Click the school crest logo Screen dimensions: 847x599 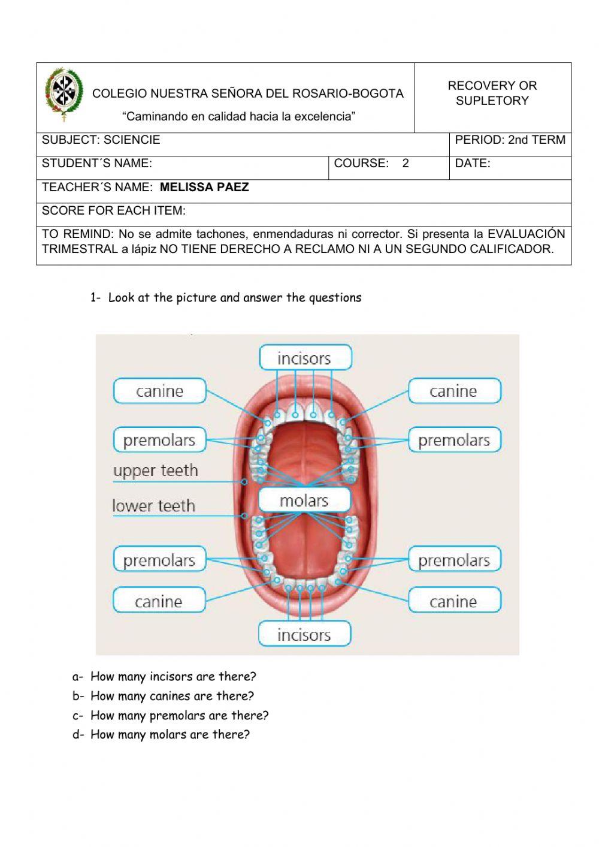pyautogui.click(x=63, y=95)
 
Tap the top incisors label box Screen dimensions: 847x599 pyautogui.click(x=305, y=358)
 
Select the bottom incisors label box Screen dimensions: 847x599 pyautogui.click(x=304, y=634)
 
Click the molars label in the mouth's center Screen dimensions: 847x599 pyautogui.click(x=304, y=500)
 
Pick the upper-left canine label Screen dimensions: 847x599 pyautogui.click(x=159, y=391)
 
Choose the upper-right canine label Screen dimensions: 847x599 pyautogui.click(x=454, y=391)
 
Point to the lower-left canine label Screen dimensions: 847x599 pyautogui.click(x=159, y=601)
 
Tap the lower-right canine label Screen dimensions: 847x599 pyautogui.click(x=454, y=601)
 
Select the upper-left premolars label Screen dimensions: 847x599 pyautogui.click(x=159, y=440)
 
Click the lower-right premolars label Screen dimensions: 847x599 pyautogui.click(x=454, y=560)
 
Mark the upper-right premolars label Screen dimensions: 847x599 pyautogui.click(x=454, y=440)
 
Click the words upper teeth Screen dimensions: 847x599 pyautogui.click(x=156, y=471)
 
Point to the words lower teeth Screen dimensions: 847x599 pyautogui.click(x=154, y=506)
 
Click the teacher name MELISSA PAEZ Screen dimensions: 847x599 pyautogui.click(x=204, y=187)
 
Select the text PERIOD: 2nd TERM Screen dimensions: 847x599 pyautogui.click(x=510, y=140)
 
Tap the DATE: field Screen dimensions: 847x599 pyautogui.click(x=473, y=163)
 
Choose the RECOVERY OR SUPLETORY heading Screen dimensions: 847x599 pyautogui.click(x=492, y=93)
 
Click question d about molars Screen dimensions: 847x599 pyautogui.click(x=170, y=734)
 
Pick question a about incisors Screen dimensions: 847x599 pyautogui.click(x=173, y=677)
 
